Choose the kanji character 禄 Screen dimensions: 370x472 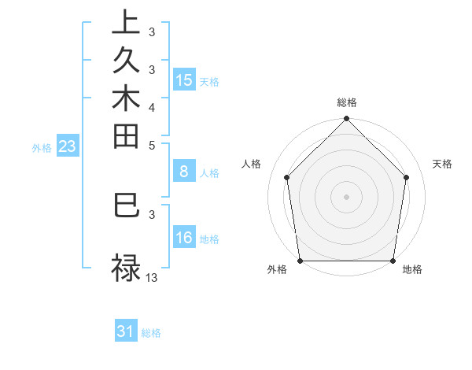click(x=126, y=268)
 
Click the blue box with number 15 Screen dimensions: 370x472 click(x=184, y=80)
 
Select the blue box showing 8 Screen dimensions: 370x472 click(x=184, y=172)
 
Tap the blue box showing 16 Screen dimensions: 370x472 click(x=184, y=238)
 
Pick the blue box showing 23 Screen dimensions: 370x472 click(x=68, y=146)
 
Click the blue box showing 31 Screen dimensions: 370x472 click(x=126, y=331)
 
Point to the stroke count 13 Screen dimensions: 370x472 click(x=152, y=277)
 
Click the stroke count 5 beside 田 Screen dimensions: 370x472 click(x=152, y=145)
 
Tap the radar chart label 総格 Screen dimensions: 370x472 click(x=347, y=102)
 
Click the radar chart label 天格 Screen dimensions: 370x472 click(x=442, y=164)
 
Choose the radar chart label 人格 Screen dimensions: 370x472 click(x=252, y=164)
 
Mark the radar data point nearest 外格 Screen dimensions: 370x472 click(x=300, y=261)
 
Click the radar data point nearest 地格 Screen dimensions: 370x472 click(x=393, y=261)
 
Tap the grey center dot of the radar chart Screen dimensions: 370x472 click(x=347, y=196)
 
